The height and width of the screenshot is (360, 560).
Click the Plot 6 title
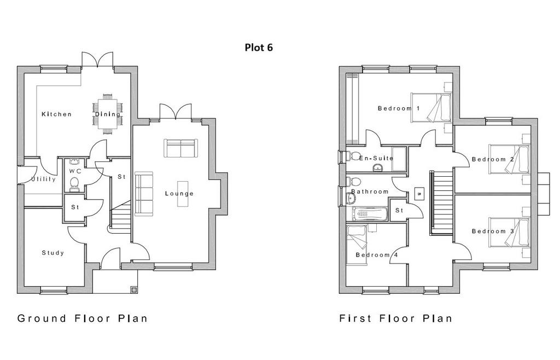coord(259,47)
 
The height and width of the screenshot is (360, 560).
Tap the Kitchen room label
coord(56,114)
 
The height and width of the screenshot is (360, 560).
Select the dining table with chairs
coord(108,114)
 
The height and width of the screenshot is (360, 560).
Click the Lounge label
coord(179,194)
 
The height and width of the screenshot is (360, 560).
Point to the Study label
coord(53,253)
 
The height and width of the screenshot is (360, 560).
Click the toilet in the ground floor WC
coord(74,184)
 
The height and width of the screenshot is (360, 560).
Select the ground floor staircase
coord(121,217)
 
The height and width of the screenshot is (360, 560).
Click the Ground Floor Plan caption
coord(82,318)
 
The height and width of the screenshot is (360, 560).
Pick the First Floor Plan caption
coord(396,318)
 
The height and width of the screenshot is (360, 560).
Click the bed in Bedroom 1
coord(431,107)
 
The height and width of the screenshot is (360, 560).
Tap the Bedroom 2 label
coord(493,159)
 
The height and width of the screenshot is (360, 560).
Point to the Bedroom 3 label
coord(493,231)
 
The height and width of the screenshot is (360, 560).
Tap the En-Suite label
coord(376,158)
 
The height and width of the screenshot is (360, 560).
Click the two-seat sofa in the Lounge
coord(180,148)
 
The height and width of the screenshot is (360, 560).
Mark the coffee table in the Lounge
coord(183,194)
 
